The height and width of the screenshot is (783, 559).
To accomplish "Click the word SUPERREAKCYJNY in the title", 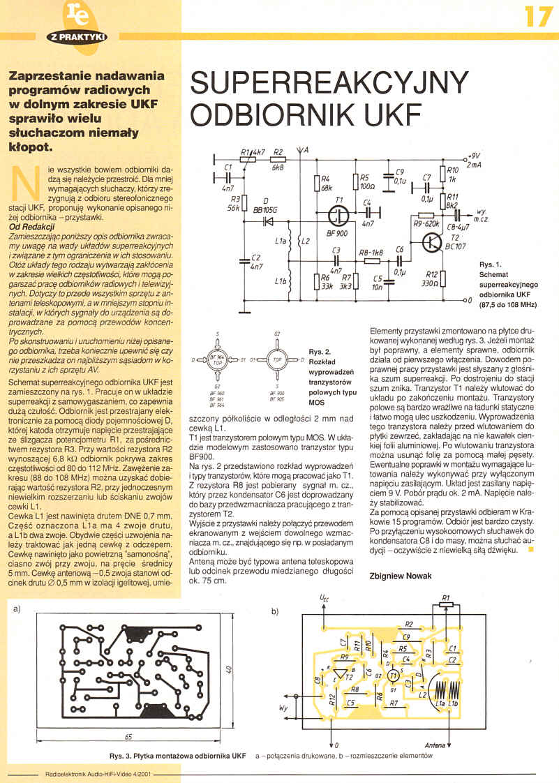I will [x=327, y=83].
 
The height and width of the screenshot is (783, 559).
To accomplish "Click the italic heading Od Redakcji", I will [x=31, y=227].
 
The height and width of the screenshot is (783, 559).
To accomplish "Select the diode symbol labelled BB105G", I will [x=265, y=223].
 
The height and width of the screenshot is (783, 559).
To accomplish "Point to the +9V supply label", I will [x=474, y=156].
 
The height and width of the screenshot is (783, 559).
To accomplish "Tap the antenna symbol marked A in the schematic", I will [x=300, y=150].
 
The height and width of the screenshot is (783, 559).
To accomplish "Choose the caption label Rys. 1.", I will [x=490, y=265].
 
